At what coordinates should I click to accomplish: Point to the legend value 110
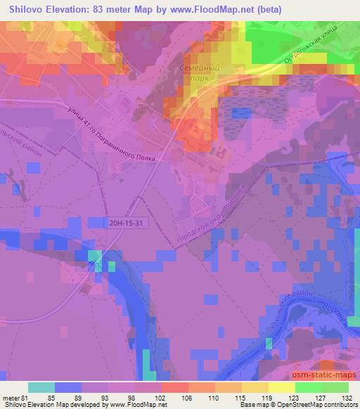(214, 396)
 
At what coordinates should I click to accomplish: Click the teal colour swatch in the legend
(41, 387)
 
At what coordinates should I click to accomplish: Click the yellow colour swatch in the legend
(282, 387)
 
